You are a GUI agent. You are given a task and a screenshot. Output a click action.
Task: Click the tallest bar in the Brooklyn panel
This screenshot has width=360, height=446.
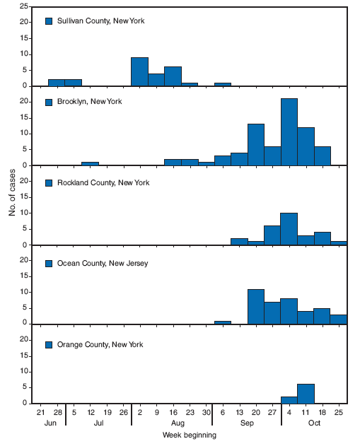[289, 132]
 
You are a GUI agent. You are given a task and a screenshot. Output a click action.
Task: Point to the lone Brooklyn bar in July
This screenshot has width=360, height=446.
[90, 163]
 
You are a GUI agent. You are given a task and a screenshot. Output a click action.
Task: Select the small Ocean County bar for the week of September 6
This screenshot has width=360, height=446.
[222, 322]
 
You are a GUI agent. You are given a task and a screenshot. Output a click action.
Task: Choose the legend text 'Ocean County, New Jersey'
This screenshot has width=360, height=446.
[102, 264]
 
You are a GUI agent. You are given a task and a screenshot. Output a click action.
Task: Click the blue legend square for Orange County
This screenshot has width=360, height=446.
[49, 344]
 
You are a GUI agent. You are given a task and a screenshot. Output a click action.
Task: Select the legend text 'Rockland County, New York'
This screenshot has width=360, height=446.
[103, 183]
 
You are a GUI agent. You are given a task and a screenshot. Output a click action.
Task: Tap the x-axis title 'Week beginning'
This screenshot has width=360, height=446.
[190, 435]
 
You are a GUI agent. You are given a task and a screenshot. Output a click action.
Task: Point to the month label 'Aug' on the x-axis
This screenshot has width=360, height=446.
[172, 423]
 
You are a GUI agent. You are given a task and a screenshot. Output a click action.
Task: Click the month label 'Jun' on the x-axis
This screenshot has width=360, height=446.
[49, 423]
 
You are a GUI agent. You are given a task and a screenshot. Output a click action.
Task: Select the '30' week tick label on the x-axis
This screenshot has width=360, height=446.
[206, 411]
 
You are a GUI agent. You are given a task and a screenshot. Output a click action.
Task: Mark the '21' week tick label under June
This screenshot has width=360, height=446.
[40, 411]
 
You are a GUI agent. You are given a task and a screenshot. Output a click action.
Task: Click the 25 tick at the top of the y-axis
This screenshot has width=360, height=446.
[24, 6]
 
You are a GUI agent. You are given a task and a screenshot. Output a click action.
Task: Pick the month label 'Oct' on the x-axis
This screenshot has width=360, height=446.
[314, 423]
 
